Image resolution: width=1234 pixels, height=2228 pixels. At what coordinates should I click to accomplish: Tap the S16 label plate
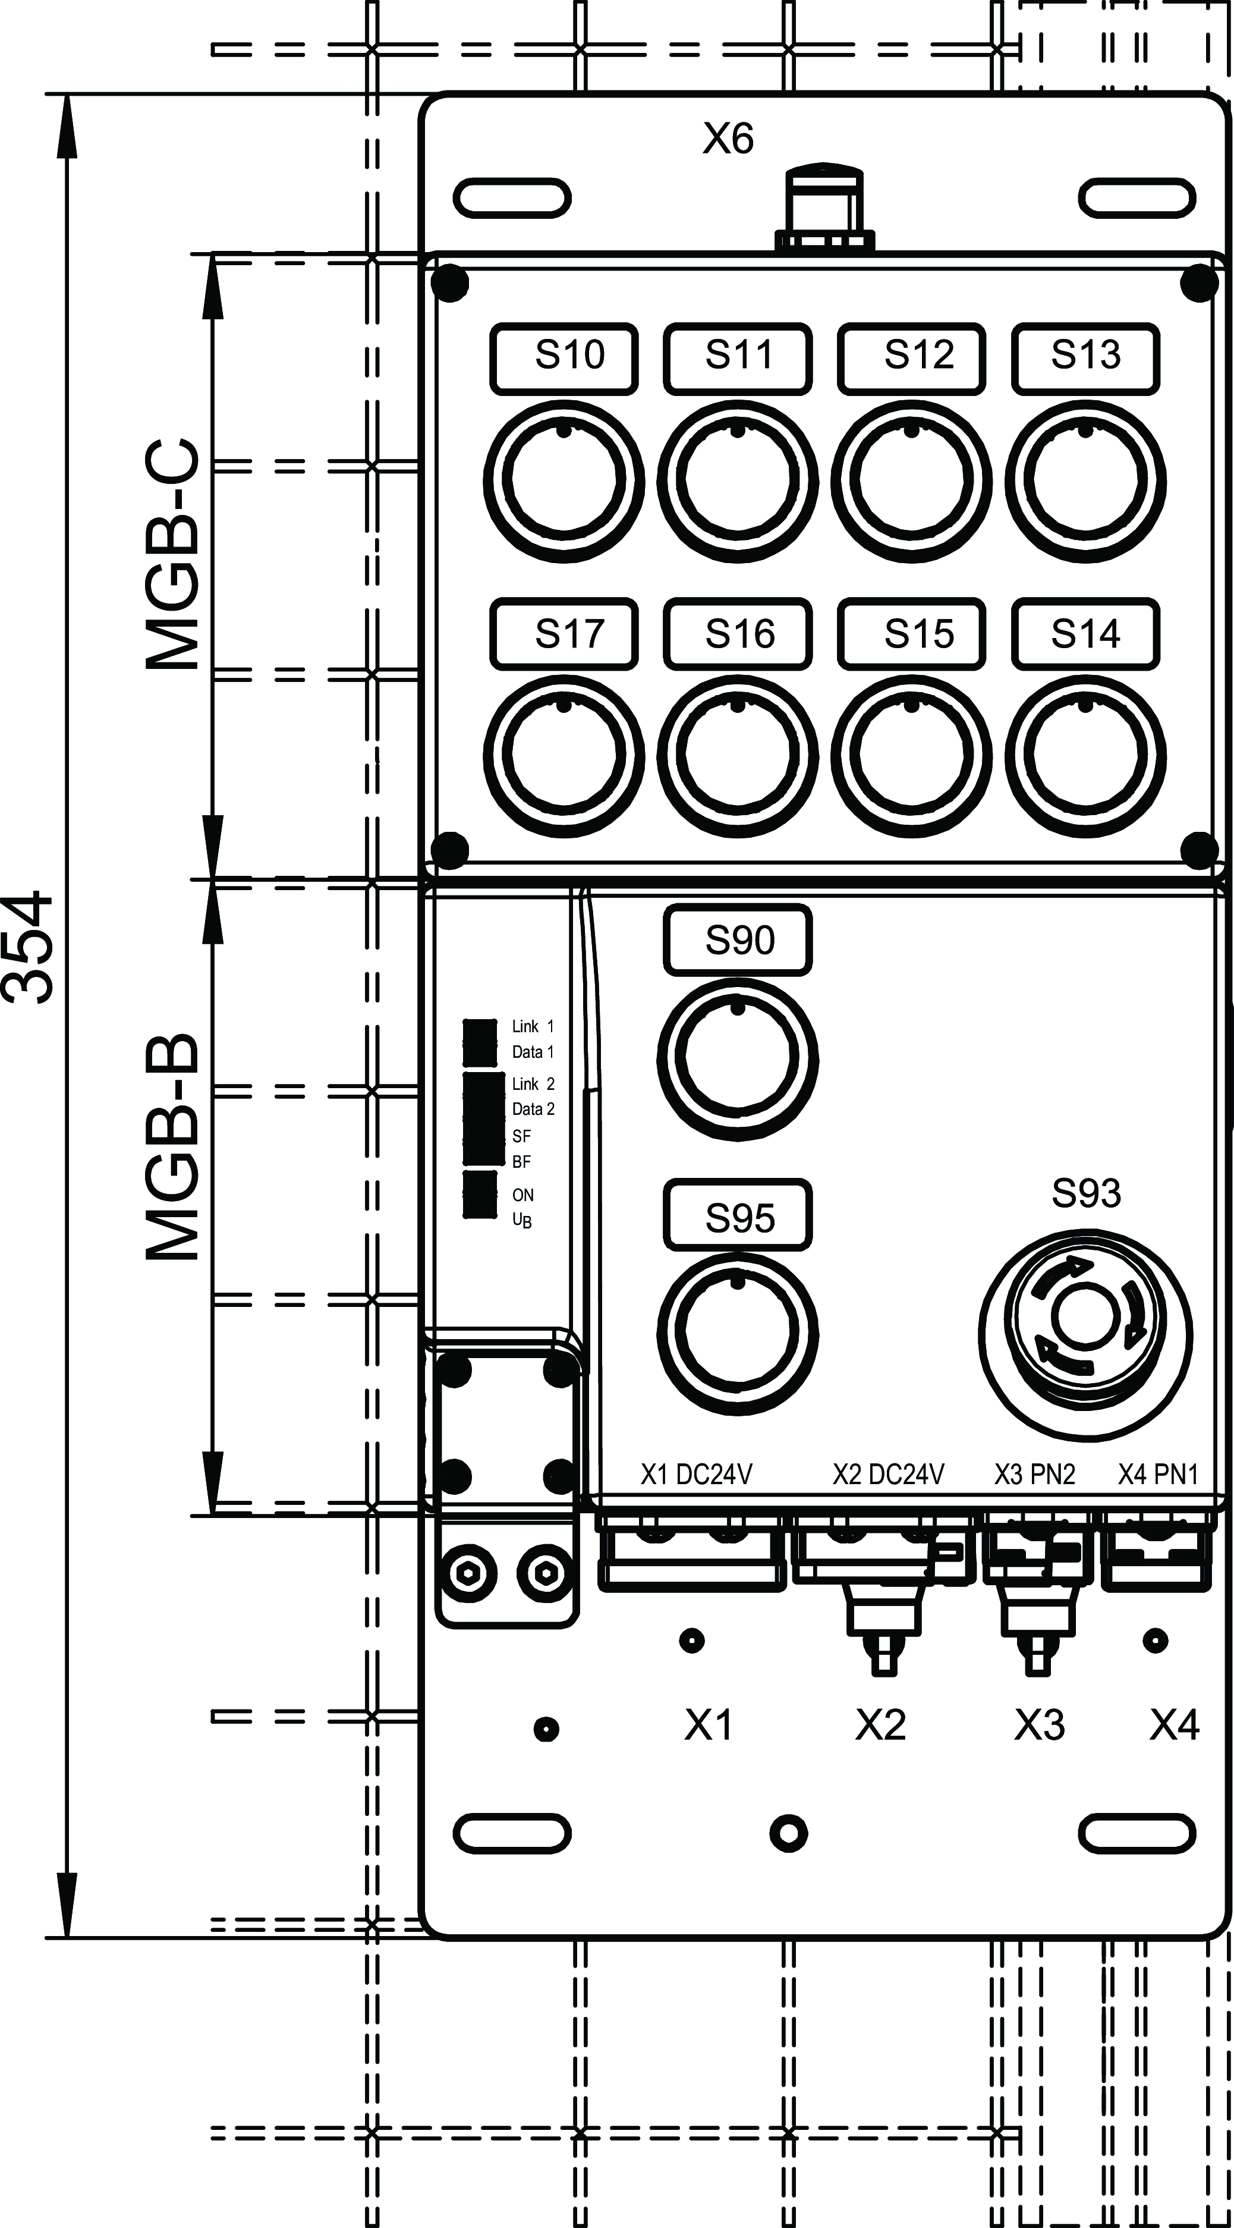[738, 634]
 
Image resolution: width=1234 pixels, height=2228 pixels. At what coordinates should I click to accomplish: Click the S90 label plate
[738, 940]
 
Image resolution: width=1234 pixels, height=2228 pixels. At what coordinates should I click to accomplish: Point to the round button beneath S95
[738, 1335]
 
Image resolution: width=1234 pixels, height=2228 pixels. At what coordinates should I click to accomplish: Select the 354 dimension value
[29, 948]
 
